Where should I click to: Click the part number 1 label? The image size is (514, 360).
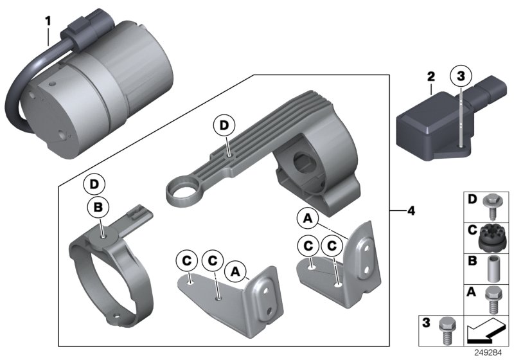click(x=47, y=21)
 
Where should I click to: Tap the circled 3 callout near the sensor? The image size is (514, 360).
click(x=460, y=77)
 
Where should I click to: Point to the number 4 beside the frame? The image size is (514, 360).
click(x=411, y=211)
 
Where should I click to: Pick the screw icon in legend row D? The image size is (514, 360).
click(x=493, y=201)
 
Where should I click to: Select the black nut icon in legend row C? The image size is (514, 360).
click(x=493, y=237)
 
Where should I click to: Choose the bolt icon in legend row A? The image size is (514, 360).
click(x=493, y=299)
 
